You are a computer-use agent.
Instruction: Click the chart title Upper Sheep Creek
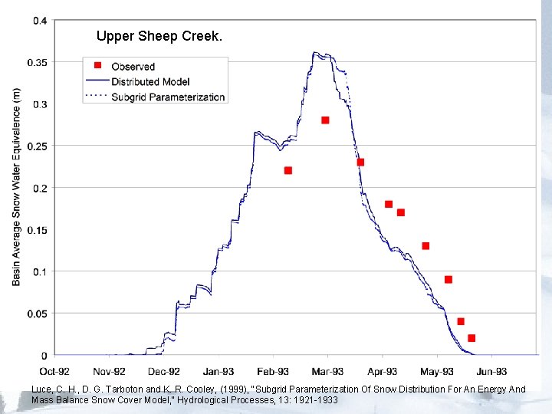pos(159,36)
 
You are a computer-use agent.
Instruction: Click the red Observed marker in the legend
pos(97,66)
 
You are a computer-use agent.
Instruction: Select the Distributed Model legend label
pos(150,81)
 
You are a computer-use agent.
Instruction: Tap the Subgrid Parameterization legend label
pos(168,97)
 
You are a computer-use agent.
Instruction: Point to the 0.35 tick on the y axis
pos(37,62)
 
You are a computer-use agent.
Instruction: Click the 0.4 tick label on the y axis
pos(39,21)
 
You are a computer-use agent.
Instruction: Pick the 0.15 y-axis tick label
pos(37,230)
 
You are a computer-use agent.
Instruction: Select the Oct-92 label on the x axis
pos(54,372)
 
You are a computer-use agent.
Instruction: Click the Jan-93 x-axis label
pos(219,372)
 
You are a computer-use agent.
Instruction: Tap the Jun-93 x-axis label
pos(491,372)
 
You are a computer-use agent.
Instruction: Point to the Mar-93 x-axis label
pos(327,372)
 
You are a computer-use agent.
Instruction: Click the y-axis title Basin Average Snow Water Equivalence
pos(17,186)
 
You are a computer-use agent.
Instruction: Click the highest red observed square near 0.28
pos(325,120)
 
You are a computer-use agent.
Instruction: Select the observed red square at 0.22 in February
pos(288,170)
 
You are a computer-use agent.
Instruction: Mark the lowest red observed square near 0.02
pos(472,338)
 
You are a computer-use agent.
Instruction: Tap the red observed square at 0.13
pos(426,246)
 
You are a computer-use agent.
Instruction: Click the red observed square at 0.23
pos(360,162)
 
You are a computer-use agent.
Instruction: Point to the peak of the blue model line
pos(314,53)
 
